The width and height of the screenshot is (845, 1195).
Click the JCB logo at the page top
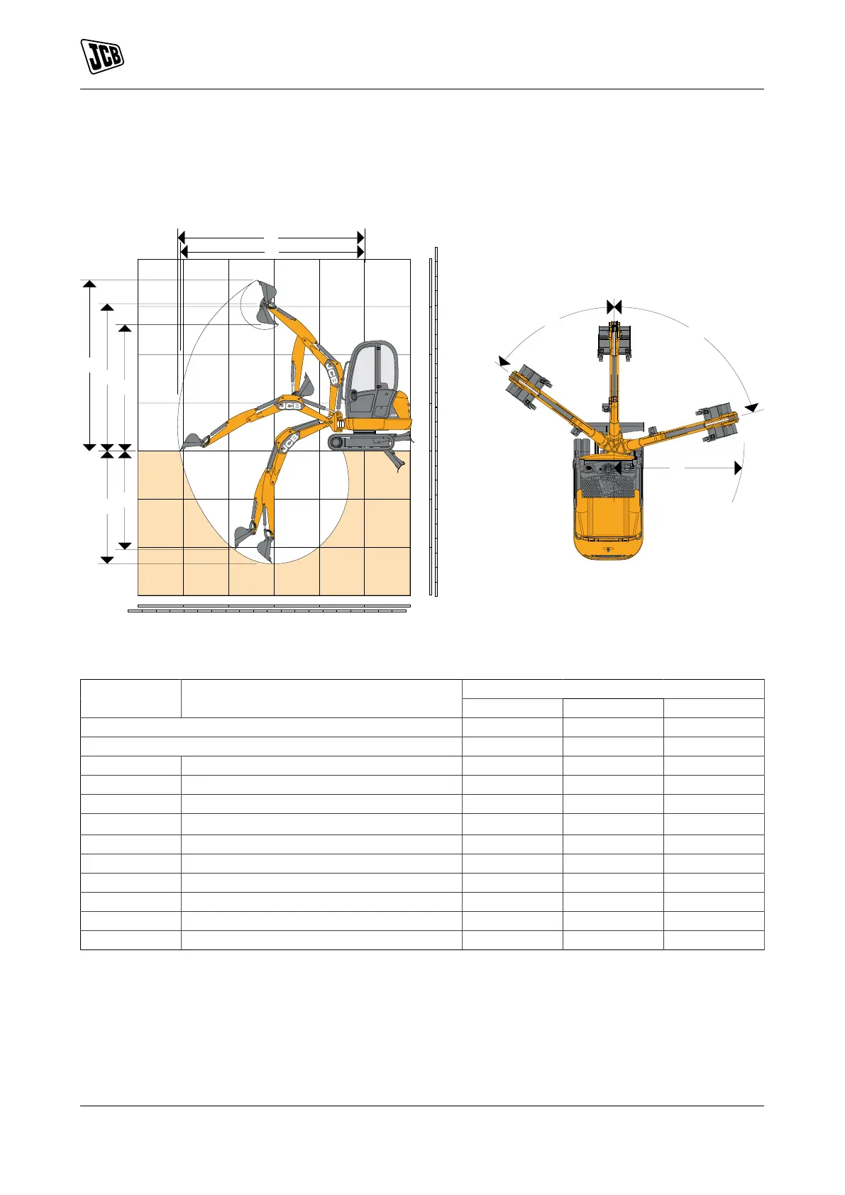coord(102,56)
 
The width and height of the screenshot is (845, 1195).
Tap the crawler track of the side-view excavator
coord(363,441)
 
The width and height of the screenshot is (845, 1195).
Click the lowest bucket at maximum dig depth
coord(265,549)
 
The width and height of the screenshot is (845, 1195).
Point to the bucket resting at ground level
coord(193,441)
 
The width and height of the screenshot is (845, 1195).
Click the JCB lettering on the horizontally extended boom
coord(289,406)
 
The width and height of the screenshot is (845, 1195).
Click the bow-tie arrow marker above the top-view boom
coord(614,307)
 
